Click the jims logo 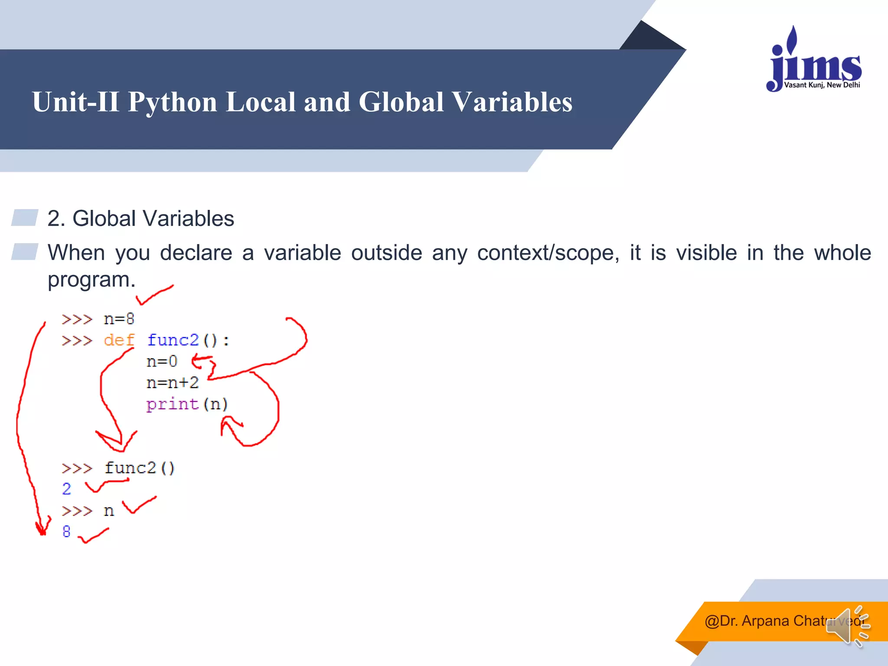click(814, 61)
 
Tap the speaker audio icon click(848, 627)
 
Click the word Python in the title click(172, 102)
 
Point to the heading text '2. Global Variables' click(140, 218)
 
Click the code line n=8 click(119, 319)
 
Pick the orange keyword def click(119, 340)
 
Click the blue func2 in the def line click(173, 340)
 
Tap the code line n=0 click(162, 361)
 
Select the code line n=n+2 click(172, 382)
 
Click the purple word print click(172, 404)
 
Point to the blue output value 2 click(66, 489)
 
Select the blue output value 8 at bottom click(66, 532)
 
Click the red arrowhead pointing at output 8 click(42, 529)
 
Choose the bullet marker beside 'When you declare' click(25, 251)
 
